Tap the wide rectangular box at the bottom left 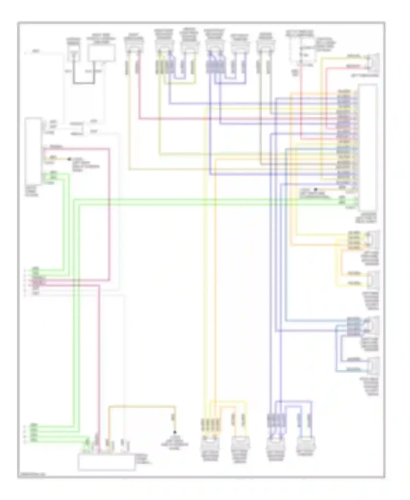tap(106, 462)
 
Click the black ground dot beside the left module tap(69, 159)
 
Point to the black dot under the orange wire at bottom tap(175, 432)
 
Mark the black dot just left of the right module tap(316, 189)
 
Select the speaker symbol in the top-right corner tap(374, 62)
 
